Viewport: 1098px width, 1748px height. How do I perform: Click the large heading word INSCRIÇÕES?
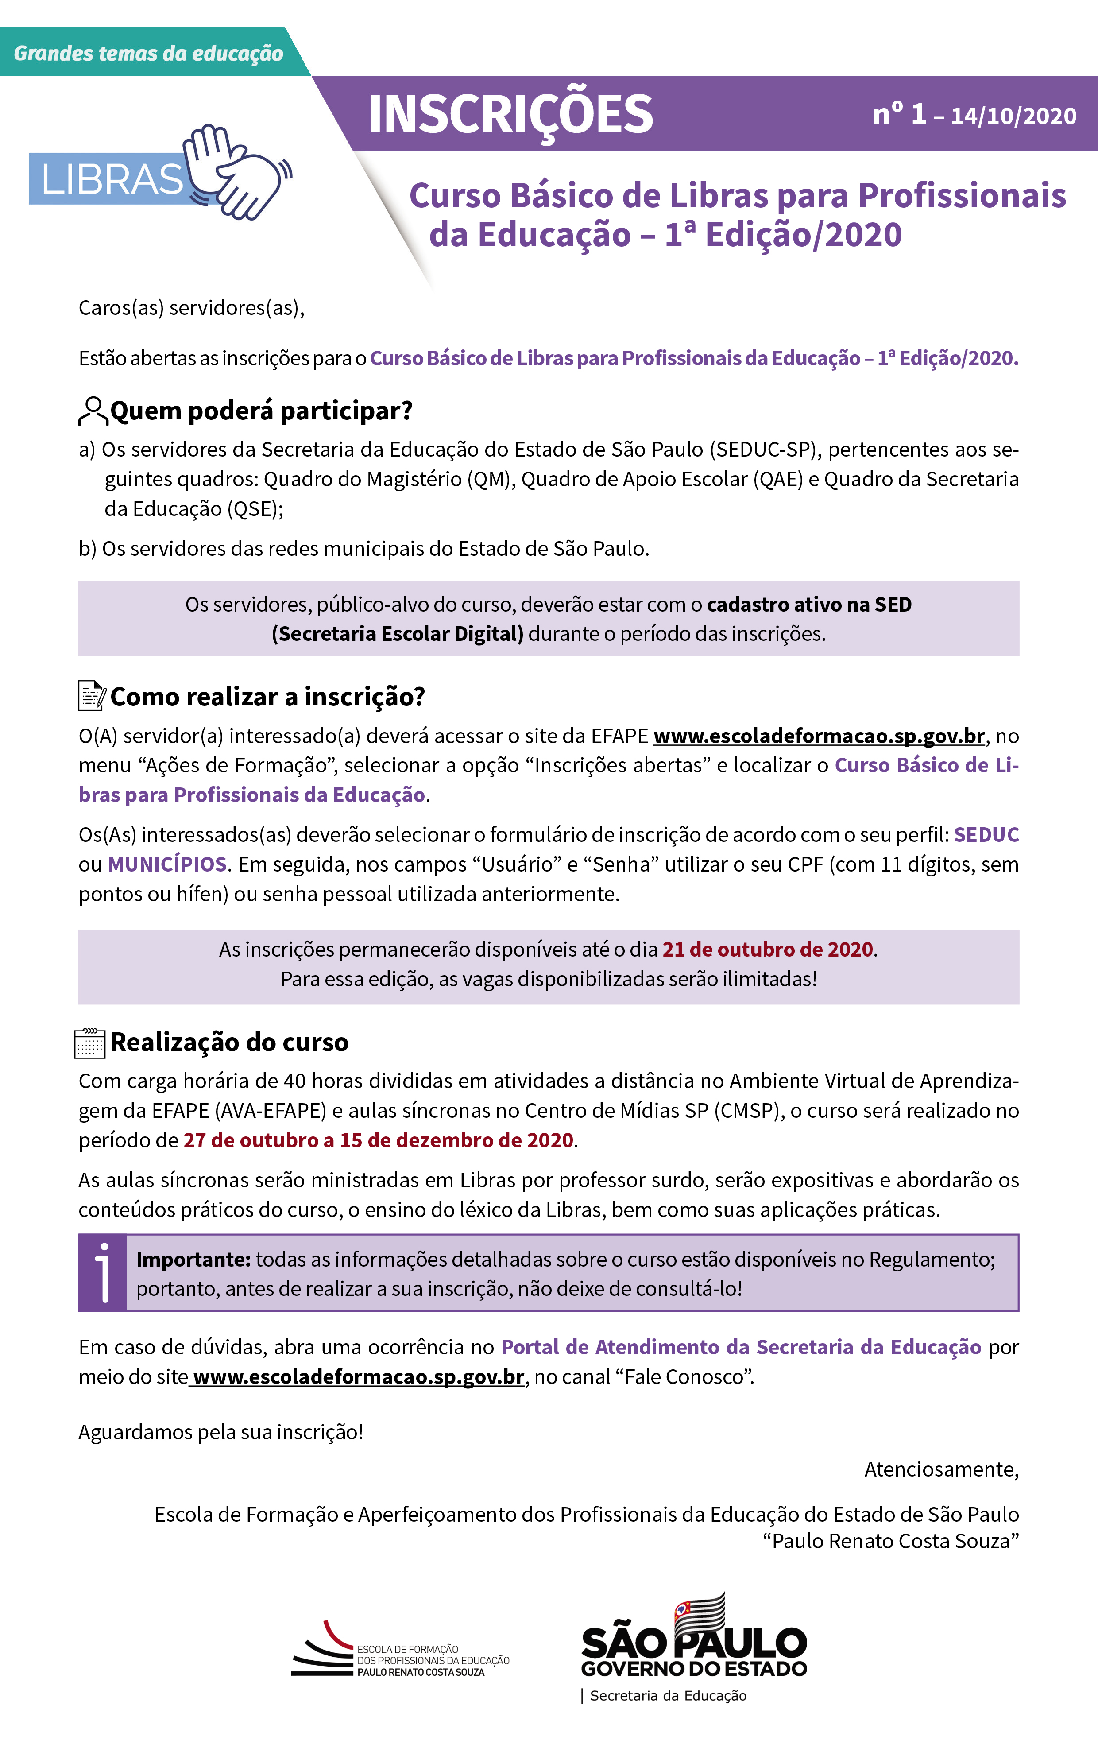click(x=510, y=114)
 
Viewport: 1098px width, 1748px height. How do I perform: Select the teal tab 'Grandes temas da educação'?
click(x=149, y=53)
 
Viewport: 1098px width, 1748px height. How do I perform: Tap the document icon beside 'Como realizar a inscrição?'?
click(x=92, y=695)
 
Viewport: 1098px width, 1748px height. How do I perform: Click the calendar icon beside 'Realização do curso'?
click(x=90, y=1043)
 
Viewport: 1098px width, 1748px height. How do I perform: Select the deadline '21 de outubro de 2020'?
click(x=767, y=950)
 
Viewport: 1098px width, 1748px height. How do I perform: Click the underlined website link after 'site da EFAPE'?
click(x=819, y=736)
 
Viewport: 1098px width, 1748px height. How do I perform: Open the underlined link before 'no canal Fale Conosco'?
click(x=358, y=1377)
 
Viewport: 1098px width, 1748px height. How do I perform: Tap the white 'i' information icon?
click(x=103, y=1272)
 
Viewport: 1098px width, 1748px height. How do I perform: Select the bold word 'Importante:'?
click(x=193, y=1260)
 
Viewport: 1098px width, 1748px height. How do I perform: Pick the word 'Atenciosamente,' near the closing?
click(x=941, y=1469)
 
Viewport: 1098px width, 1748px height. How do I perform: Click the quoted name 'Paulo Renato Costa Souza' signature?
click(x=890, y=1541)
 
